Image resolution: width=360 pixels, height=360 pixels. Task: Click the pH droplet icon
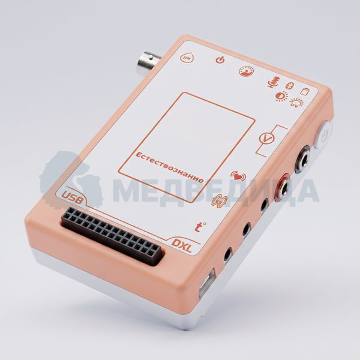pyautogui.click(x=187, y=58)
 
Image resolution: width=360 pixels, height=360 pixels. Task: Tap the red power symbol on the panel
pyautogui.click(x=220, y=60)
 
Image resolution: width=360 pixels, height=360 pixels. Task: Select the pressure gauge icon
pyautogui.click(x=247, y=71)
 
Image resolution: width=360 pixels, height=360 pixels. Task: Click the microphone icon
pyautogui.click(x=274, y=82)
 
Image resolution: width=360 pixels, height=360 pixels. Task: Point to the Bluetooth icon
pyautogui.click(x=290, y=86)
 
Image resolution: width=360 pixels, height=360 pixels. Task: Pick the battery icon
pyautogui.click(x=305, y=91)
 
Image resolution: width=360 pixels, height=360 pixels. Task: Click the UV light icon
pyautogui.click(x=296, y=103)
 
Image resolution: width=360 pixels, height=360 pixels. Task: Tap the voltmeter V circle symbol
pyautogui.click(x=266, y=139)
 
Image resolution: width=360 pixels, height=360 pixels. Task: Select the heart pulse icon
pyautogui.click(x=238, y=176)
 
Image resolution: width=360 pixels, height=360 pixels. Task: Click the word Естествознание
pyautogui.click(x=169, y=167)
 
